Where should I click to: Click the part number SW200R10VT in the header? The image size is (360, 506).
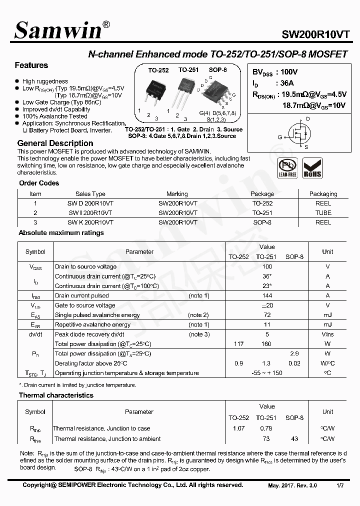pos(315,34)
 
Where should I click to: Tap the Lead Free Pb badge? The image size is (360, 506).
pos(287,168)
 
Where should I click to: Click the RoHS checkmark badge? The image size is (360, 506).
pos(312,168)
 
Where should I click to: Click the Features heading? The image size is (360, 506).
pos(31,65)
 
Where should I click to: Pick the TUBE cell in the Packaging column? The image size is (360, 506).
pos(323,212)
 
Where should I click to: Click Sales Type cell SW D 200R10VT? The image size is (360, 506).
pos(90,203)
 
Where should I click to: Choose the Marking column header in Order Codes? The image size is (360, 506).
pos(177,194)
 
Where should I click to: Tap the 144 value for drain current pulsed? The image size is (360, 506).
pos(267,296)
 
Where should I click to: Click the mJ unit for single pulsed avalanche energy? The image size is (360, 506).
pos(327,315)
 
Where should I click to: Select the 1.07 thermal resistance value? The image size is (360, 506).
pos(238,428)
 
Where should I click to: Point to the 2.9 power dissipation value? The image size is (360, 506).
pos(294,354)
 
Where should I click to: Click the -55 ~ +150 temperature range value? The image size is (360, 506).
pos(267,373)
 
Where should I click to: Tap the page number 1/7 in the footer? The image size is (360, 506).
pos(340,485)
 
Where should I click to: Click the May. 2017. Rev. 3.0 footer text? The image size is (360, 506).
pos(292,485)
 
